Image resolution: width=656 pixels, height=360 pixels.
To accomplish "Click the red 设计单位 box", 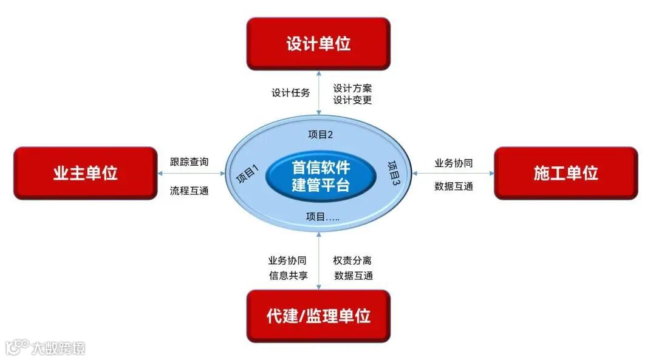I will coord(318,43).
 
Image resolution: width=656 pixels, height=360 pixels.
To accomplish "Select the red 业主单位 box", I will coord(85,173).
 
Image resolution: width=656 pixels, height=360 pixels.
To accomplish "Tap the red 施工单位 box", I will coord(565,173).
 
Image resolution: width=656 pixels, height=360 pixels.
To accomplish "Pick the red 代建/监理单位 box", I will coord(318,316).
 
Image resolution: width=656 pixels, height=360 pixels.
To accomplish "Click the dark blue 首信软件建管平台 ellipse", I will coord(320,176).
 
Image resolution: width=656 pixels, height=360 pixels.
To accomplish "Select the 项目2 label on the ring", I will coord(321,135).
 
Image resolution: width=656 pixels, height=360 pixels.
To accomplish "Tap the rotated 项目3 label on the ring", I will coord(394,173).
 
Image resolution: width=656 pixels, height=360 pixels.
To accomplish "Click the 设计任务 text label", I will coord(290,93).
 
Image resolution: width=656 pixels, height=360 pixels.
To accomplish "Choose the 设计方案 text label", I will coord(352,89).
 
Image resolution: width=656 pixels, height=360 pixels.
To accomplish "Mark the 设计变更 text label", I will coord(352,100).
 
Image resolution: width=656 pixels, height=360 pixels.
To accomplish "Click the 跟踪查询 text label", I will coord(189,162).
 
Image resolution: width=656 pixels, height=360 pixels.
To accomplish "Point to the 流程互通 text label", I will coord(189,191).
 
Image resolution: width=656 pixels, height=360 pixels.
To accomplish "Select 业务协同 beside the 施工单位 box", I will coord(454,163).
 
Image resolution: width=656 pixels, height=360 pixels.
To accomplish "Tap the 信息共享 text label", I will coord(288,276).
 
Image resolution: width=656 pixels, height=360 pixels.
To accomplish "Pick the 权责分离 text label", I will coord(352,260).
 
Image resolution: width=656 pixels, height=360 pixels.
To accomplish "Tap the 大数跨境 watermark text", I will coord(58,348).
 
